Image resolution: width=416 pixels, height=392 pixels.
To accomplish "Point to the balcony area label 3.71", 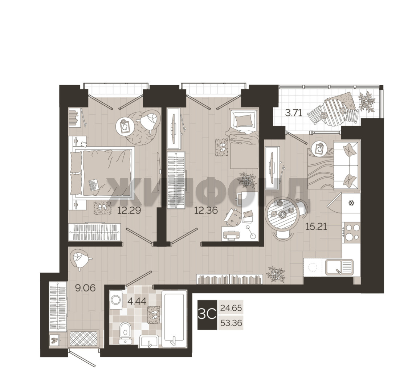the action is coord(294,113).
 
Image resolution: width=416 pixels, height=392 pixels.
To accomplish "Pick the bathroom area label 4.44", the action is coord(137,301).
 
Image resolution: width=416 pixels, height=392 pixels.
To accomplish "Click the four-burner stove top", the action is coord(351,232).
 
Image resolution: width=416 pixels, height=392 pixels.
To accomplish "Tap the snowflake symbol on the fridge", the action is coord(351,203).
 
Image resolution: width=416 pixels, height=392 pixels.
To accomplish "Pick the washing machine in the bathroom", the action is coord(116,300).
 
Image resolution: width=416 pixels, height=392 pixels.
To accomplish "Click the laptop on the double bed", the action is coord(93,185).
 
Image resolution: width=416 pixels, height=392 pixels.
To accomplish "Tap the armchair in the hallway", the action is coord(81,259).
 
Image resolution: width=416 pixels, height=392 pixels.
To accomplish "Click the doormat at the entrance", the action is coord(84,338).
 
